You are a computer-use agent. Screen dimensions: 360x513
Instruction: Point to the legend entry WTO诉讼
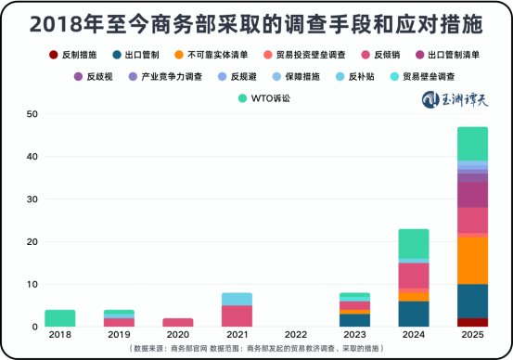262,96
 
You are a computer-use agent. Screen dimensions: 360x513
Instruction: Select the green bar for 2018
60,318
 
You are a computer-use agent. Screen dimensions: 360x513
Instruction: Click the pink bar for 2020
178,322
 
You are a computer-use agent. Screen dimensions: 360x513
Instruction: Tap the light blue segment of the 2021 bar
237,299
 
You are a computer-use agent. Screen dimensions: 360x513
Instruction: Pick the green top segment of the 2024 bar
413,243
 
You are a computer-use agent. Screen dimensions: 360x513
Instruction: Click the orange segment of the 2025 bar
472,260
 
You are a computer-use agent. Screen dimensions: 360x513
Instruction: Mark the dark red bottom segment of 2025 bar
472,322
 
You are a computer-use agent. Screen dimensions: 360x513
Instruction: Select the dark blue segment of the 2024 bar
413,314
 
